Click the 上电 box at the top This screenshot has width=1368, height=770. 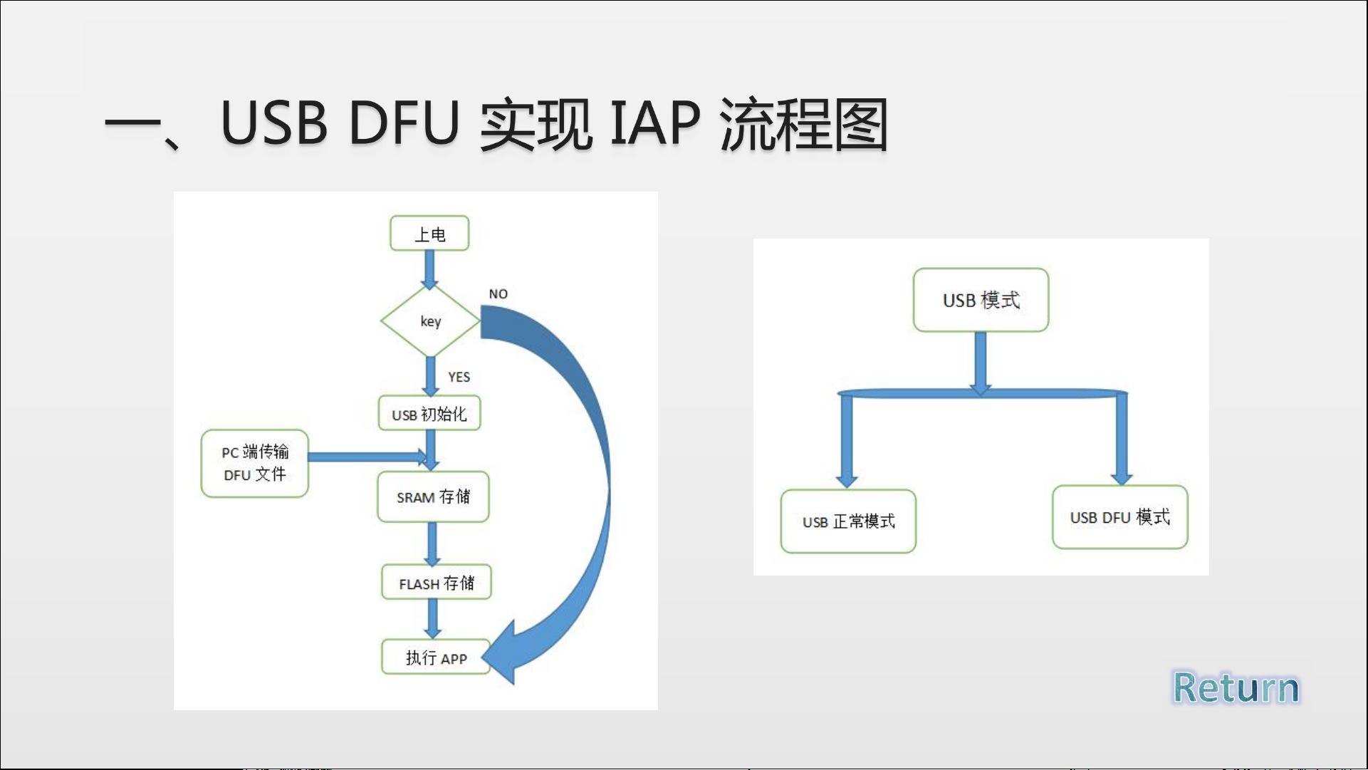tap(429, 234)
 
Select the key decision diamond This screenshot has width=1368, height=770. tap(430, 321)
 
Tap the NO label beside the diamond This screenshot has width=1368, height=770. tap(498, 294)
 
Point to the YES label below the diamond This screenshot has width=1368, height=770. tap(459, 377)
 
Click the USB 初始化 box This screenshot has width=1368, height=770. tap(429, 413)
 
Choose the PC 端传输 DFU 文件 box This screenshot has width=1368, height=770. tap(255, 463)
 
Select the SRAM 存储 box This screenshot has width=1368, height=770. tap(433, 496)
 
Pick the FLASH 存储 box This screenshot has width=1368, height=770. tap(436, 583)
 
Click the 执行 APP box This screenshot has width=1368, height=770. tap(436, 657)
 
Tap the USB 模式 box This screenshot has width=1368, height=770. tap(981, 300)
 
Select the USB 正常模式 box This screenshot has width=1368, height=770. tap(848, 521)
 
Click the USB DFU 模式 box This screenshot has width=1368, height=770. tap(1120, 517)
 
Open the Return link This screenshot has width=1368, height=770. tap(1236, 688)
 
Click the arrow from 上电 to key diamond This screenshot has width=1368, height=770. tap(429, 269)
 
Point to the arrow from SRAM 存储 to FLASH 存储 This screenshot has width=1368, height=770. tap(432, 544)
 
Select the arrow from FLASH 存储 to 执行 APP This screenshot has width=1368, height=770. tap(432, 619)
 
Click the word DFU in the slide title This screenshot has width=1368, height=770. tap(404, 123)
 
